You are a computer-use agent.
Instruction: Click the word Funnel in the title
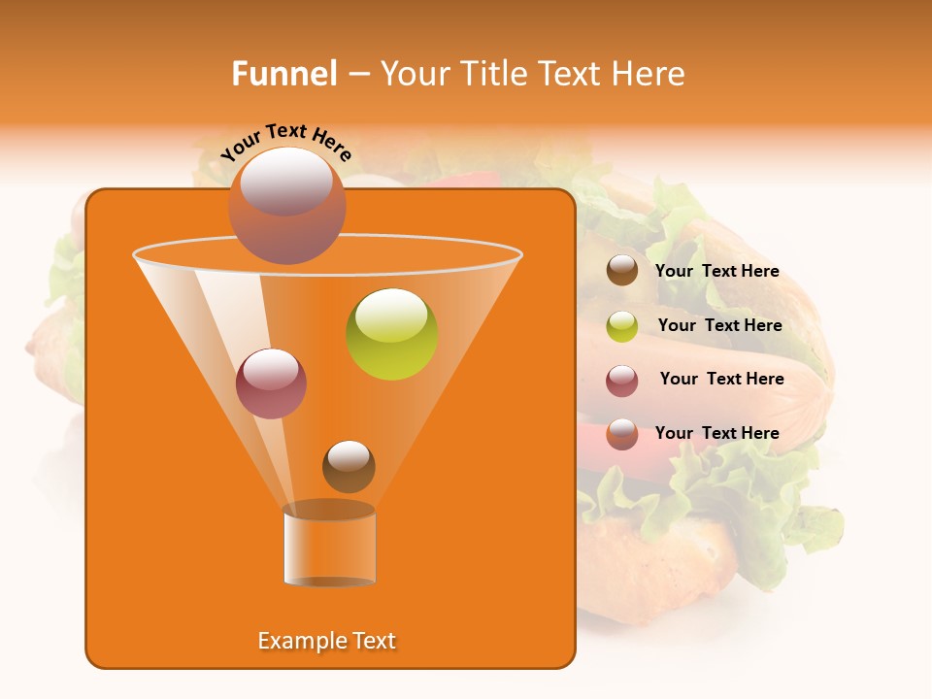coord(284,74)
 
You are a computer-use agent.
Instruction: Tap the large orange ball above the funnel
coord(286,205)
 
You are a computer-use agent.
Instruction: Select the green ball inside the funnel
coord(392,334)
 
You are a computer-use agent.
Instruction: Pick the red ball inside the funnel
coord(271,383)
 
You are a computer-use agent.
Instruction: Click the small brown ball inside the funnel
coord(349,466)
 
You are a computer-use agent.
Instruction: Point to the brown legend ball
coord(622,271)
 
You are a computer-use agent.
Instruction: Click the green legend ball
coord(622,326)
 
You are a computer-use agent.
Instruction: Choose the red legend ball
coord(622,381)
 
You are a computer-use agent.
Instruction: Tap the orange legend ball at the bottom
coord(622,434)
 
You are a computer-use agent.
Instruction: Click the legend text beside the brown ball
coord(716,271)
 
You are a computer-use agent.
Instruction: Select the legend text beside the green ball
coord(719,325)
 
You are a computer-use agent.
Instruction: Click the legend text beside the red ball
coord(721,379)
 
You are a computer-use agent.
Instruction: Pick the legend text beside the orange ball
coord(716,433)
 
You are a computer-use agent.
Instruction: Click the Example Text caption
coord(327,641)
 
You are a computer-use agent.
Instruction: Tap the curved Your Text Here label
coord(286,142)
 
